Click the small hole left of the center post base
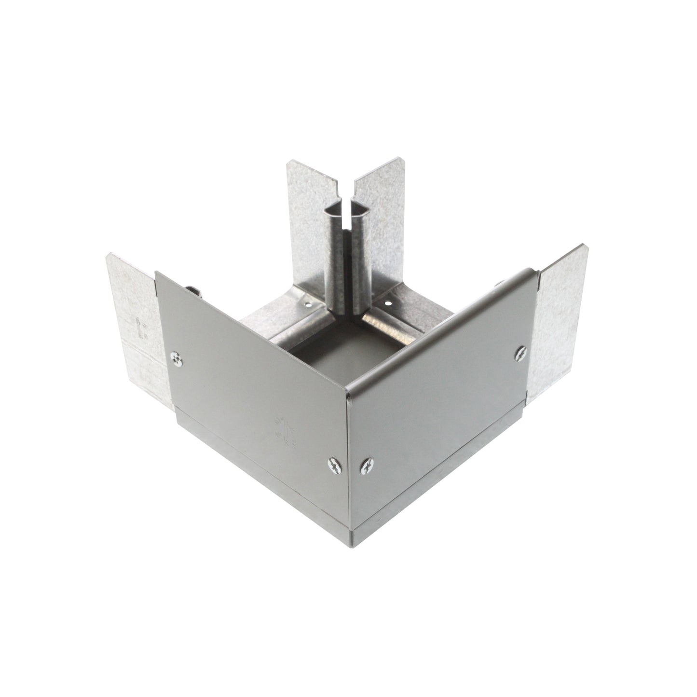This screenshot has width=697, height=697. click(x=305, y=304)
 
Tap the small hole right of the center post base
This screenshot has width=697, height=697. click(x=387, y=304)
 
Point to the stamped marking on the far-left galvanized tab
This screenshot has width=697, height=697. click(x=140, y=328)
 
